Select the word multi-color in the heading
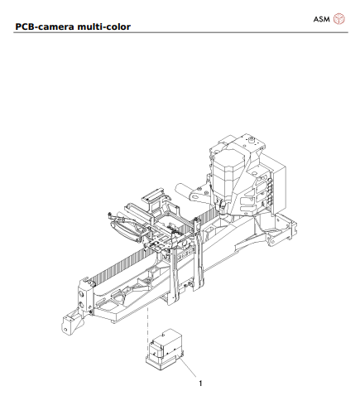pos(109,27)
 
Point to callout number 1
pos(200,384)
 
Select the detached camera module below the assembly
pos(164,349)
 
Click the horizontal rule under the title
pos(180,33)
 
